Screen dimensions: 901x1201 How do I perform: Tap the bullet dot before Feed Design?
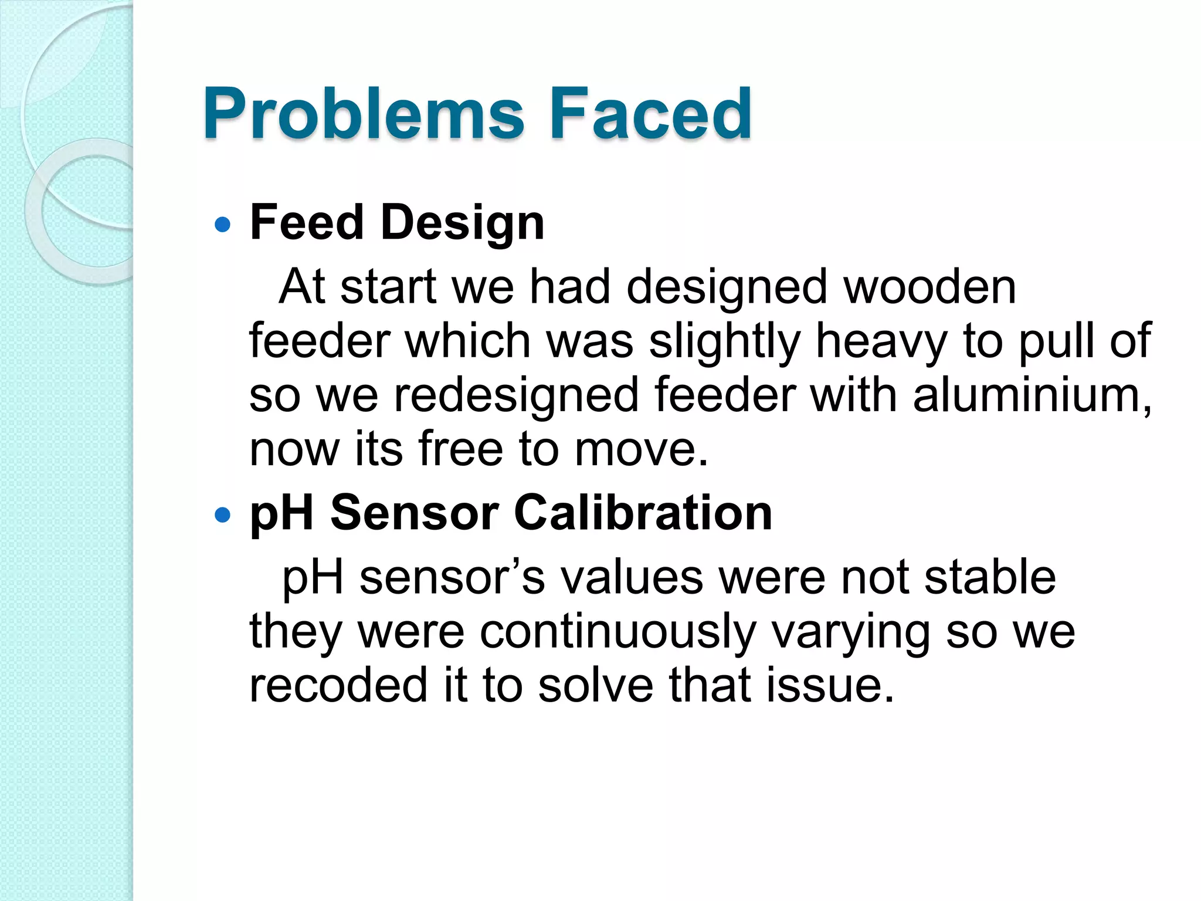point(223,224)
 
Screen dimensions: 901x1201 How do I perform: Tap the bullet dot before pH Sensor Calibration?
point(223,515)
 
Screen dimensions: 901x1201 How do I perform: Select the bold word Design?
point(463,223)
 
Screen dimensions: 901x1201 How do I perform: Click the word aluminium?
point(1032,395)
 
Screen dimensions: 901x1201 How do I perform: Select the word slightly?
point(724,341)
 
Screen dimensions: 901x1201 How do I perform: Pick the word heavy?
point(881,341)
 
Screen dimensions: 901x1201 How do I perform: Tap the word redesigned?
point(516,395)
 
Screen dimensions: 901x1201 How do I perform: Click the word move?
point(641,449)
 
